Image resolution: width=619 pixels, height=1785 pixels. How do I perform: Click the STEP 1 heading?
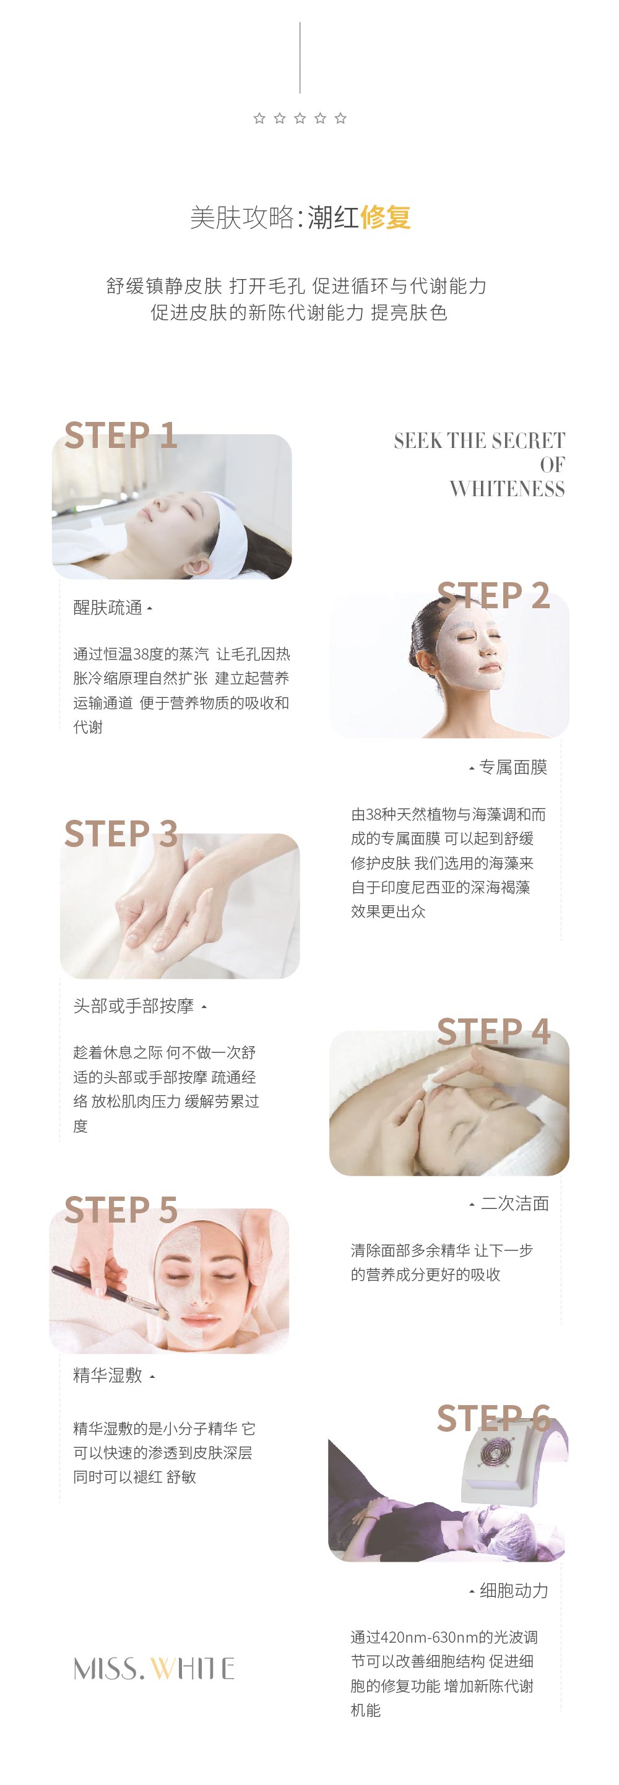tap(121, 435)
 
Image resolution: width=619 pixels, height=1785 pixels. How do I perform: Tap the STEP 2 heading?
tap(493, 595)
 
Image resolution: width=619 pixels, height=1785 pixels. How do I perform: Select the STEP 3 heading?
tap(121, 833)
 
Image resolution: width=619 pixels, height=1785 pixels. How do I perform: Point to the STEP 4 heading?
tap(493, 1032)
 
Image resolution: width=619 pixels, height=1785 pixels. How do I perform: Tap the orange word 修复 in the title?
tap(386, 218)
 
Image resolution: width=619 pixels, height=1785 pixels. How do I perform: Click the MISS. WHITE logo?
tap(154, 1669)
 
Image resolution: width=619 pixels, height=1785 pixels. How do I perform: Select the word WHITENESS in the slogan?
tap(508, 489)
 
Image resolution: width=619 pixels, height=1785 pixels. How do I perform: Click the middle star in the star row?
tap(300, 119)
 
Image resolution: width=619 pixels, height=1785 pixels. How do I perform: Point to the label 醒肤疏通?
tap(108, 608)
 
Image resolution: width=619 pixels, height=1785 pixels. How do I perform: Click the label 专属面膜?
tap(513, 767)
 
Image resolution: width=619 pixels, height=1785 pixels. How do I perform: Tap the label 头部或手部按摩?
tap(134, 1006)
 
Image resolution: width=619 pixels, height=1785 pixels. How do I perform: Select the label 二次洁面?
tap(515, 1203)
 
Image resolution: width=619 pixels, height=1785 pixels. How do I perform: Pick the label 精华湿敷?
tap(108, 1375)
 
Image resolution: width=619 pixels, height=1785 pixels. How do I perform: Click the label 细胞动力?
tap(514, 1590)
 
